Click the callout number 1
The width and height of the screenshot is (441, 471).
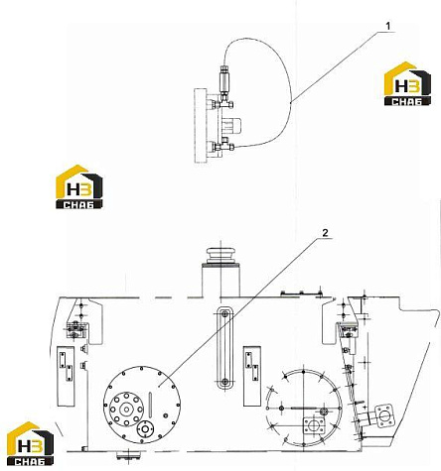388,26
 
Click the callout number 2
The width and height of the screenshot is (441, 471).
326,233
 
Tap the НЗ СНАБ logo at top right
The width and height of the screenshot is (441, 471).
407,83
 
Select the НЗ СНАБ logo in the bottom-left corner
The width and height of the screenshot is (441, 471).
30,443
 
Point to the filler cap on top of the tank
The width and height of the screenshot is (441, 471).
220,256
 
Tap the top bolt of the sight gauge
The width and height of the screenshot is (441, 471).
224,313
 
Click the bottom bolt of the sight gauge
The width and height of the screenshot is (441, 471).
224,382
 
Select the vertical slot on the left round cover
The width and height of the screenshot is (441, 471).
151,405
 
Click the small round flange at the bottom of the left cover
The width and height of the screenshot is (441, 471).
145,429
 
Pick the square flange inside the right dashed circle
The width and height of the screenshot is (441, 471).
315,426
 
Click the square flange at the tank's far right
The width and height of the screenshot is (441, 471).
384,415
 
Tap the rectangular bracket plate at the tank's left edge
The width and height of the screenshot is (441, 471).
66,376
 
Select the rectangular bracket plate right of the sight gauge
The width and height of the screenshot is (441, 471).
252,376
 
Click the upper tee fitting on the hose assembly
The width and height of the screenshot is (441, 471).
224,104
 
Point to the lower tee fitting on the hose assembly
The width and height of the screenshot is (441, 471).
223,146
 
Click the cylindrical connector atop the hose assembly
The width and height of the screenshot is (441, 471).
224,79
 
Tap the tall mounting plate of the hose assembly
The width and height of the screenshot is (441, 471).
201,125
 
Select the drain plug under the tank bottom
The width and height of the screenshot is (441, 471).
128,455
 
